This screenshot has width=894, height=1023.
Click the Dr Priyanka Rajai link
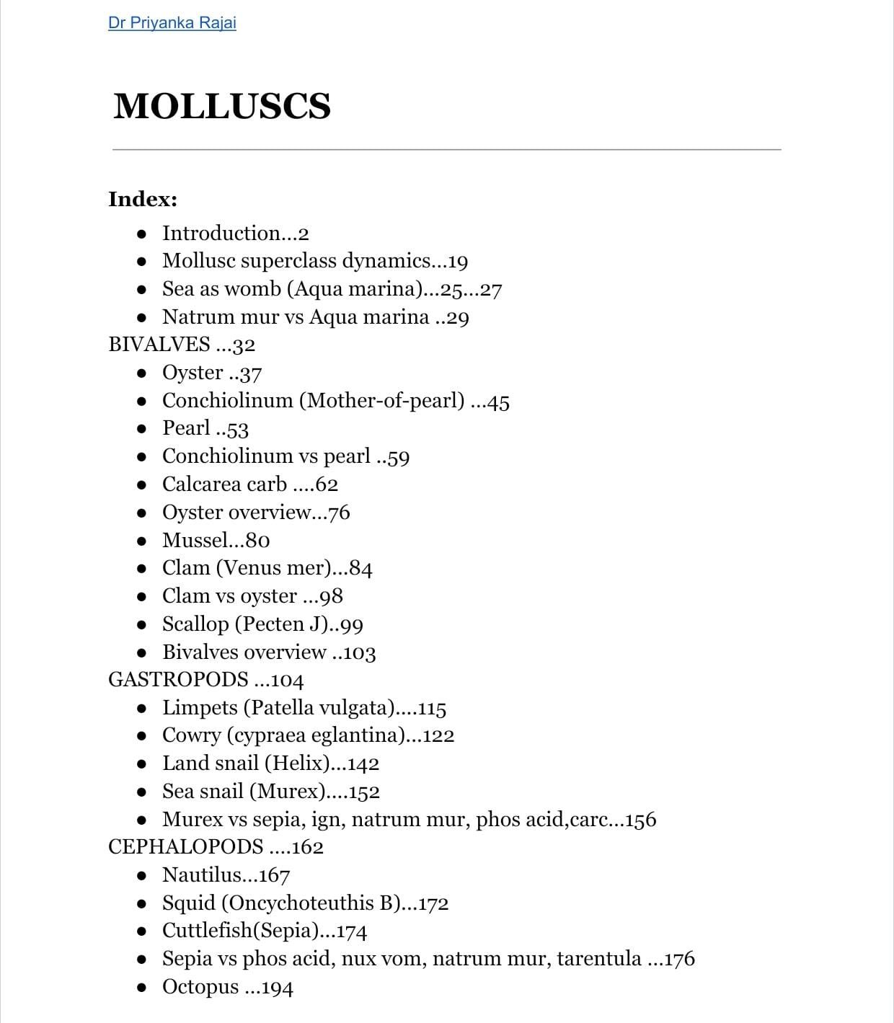pos(172,22)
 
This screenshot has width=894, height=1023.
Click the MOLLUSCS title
pos(222,106)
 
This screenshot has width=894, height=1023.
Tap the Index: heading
pos(143,199)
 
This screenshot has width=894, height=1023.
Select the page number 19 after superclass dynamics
pos(457,262)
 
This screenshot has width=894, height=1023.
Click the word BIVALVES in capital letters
pos(159,345)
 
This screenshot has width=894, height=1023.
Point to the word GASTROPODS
pos(178,680)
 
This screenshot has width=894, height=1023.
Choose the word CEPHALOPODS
pos(185,847)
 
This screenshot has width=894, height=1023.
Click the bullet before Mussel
pos(143,541)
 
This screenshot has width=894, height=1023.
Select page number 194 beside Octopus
pos(278,988)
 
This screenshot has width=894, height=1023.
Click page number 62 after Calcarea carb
pos(327,484)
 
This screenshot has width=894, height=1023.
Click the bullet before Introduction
pos(143,234)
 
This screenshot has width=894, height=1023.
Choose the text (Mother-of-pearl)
pos(382,401)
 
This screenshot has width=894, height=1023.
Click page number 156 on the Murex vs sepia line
pos(641,820)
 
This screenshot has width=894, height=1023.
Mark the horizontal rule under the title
pos(446,150)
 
